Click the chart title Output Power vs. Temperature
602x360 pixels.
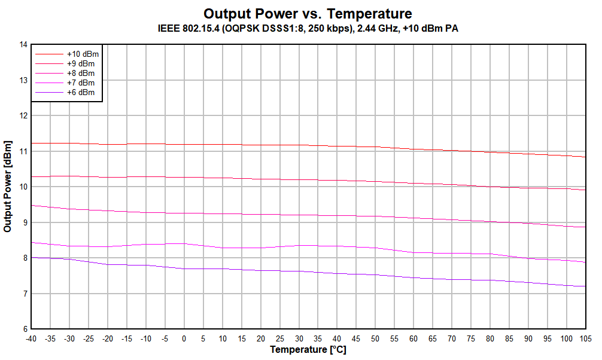pyautogui.click(x=308, y=13)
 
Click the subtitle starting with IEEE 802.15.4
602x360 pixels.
pyautogui.click(x=308, y=28)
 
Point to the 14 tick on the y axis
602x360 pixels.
pyautogui.click(x=23, y=44)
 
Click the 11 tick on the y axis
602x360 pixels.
pyautogui.click(x=23, y=151)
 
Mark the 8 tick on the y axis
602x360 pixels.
pyautogui.click(x=23, y=258)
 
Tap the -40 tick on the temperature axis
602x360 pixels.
pyautogui.click(x=31, y=338)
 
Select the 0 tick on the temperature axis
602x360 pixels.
pyautogui.click(x=184, y=338)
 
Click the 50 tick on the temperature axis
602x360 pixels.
pyautogui.click(x=375, y=338)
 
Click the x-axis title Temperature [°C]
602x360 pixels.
pyautogui.click(x=308, y=349)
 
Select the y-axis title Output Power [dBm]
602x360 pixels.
pyautogui.click(x=8, y=187)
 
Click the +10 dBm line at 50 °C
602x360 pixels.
pyautogui.click(x=375, y=147)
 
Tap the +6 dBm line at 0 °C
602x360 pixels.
pyautogui.click(x=184, y=269)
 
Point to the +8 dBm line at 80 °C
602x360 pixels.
pyautogui.click(x=489, y=221)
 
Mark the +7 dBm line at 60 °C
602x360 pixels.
pyautogui.click(x=413, y=252)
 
